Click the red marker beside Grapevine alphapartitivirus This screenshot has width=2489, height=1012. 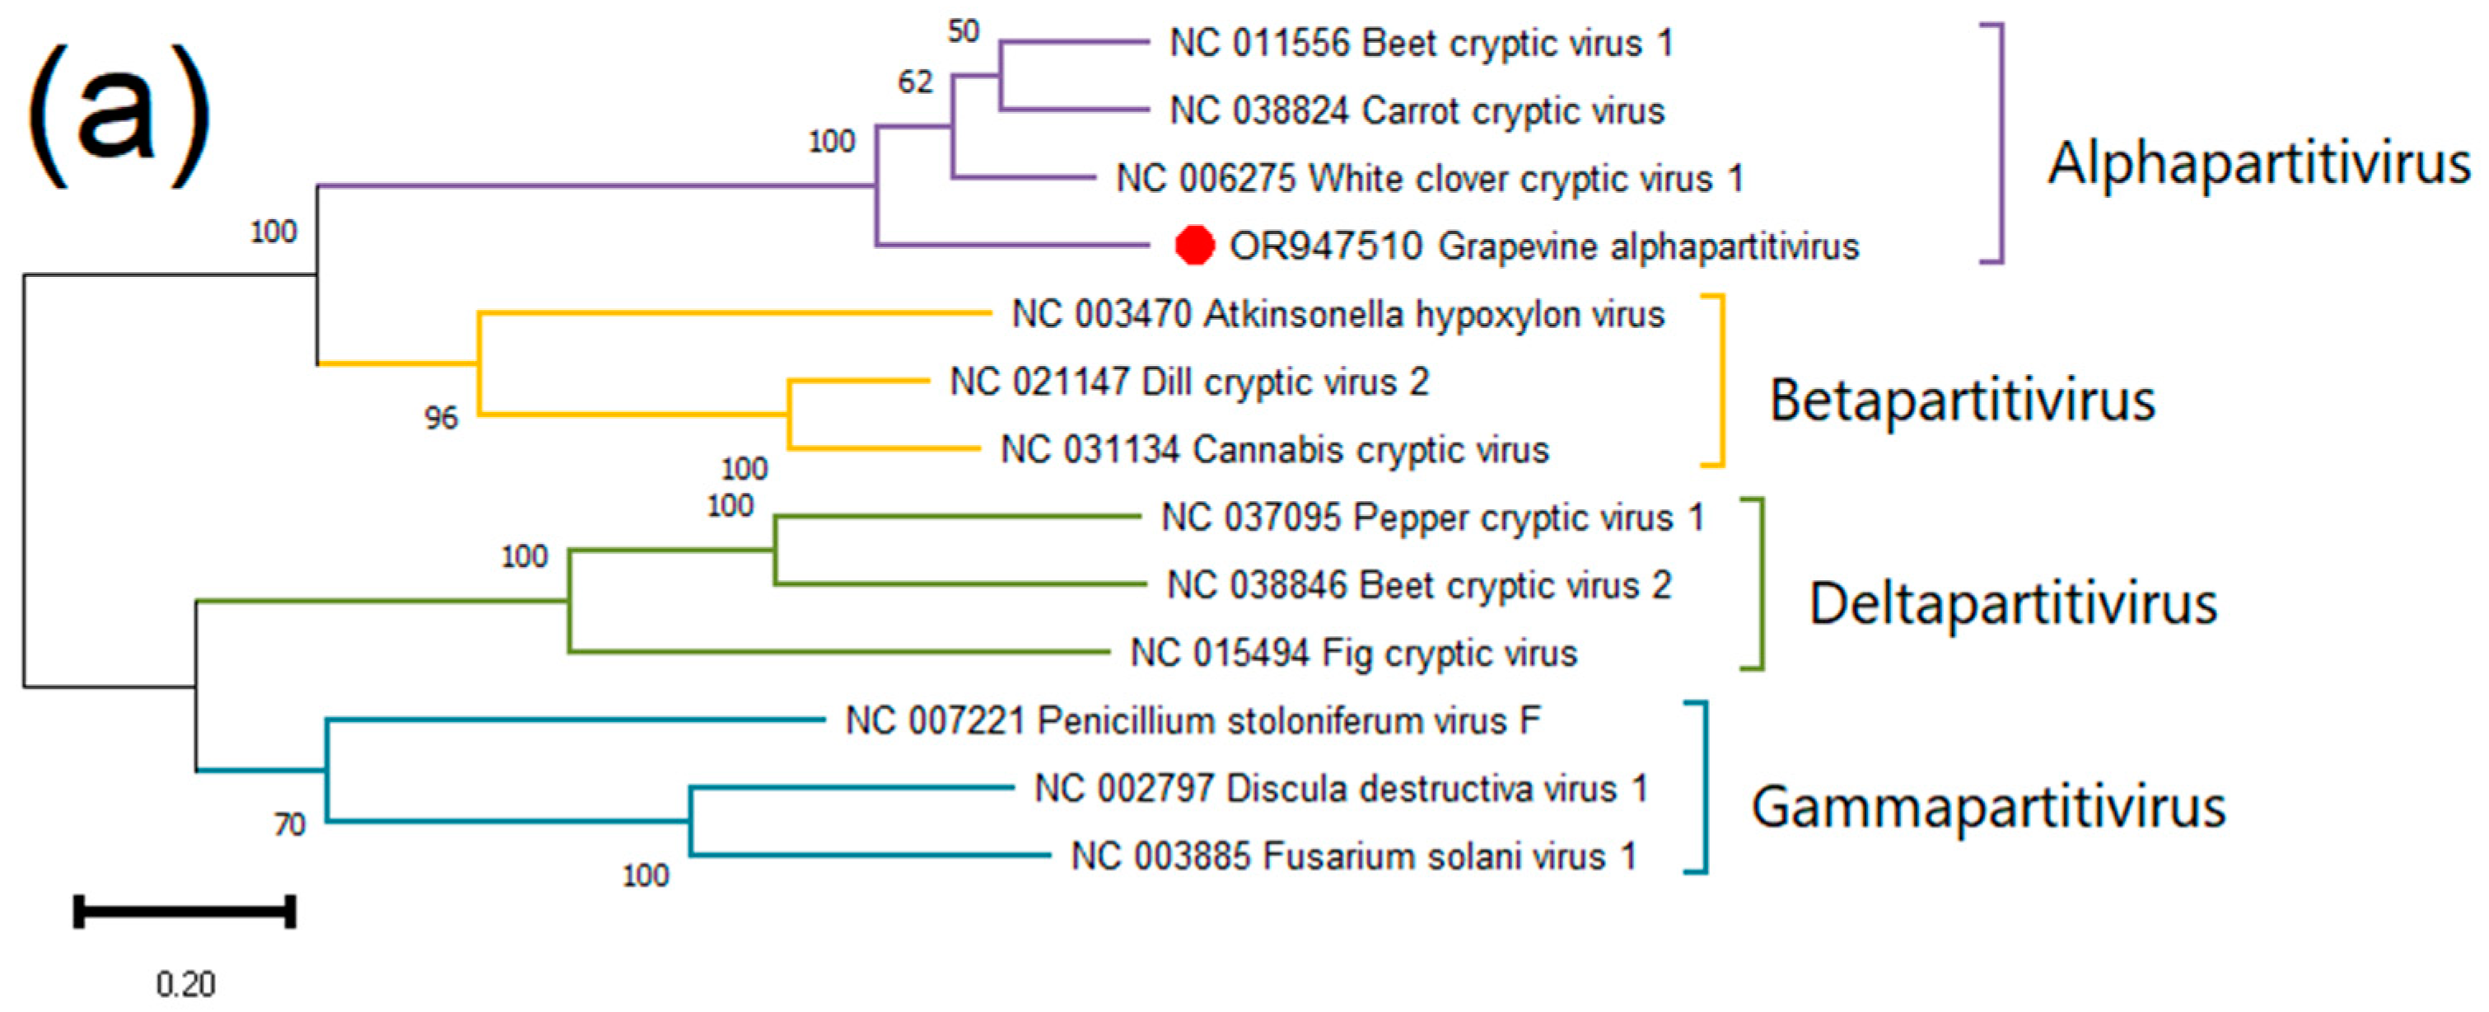click(1194, 246)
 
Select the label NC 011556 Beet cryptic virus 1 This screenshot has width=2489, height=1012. click(1422, 44)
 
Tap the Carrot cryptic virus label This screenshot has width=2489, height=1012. click(1417, 111)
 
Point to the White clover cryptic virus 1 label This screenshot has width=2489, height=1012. click(1430, 179)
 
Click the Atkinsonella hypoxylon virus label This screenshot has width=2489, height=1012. click(1338, 314)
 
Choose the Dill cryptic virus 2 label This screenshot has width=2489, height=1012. click(1189, 382)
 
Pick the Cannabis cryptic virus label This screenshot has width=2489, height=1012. click(1274, 449)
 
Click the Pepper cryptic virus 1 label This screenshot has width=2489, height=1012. click(1432, 517)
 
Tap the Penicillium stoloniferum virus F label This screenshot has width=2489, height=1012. click(1193, 721)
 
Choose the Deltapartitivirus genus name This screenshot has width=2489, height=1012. click(2013, 603)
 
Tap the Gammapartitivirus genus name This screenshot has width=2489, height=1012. click(1988, 806)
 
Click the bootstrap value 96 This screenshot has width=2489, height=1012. click(441, 418)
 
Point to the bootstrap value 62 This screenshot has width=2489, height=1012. click(915, 82)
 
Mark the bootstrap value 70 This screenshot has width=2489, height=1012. click(290, 824)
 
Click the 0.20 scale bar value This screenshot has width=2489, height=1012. click(185, 984)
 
